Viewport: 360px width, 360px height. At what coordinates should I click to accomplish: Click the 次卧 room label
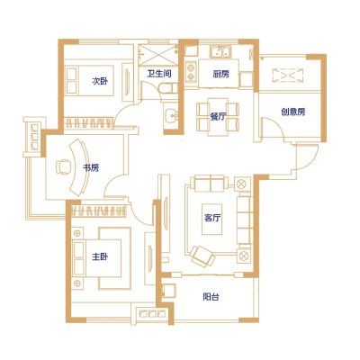100,81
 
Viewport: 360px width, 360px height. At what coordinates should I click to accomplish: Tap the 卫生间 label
159,74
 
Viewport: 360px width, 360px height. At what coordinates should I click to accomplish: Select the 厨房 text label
221,74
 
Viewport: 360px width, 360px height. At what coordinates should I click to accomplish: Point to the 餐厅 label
218,116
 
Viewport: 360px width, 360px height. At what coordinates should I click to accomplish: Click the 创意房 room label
293,112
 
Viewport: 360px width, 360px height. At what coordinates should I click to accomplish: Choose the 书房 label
91,167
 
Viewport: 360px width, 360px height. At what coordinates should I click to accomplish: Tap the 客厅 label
212,218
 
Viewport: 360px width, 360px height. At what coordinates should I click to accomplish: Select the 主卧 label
100,256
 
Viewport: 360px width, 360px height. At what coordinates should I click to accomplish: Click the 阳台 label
211,297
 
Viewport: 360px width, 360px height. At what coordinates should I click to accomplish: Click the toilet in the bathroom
167,88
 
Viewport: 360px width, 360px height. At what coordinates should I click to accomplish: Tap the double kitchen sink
220,51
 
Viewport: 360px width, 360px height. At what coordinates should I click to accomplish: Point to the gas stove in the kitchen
191,72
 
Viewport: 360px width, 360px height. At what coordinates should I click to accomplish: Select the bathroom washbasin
171,114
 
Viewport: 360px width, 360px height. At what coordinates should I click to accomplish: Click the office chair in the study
63,166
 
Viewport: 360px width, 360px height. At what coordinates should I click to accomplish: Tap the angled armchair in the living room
202,256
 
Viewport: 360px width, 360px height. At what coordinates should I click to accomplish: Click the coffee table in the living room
212,220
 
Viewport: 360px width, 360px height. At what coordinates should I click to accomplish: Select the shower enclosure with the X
158,54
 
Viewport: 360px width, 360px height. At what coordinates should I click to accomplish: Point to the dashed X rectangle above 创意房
288,76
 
